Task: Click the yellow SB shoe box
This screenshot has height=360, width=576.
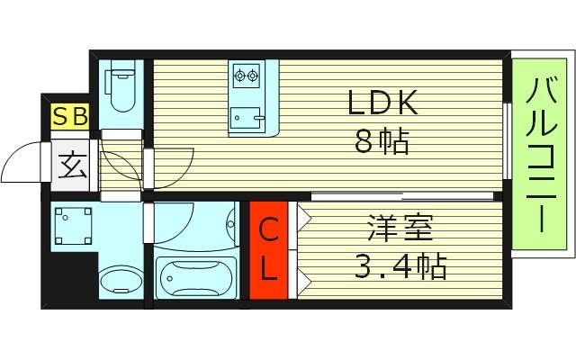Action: click(x=68, y=116)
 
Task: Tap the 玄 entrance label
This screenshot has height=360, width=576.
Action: click(x=69, y=164)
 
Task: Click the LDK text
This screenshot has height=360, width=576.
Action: click(x=382, y=104)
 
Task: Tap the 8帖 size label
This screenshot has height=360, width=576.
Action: click(x=382, y=142)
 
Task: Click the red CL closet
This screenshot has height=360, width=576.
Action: click(x=269, y=249)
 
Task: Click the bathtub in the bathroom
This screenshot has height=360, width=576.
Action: click(x=195, y=277)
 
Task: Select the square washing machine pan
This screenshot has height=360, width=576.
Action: click(x=72, y=225)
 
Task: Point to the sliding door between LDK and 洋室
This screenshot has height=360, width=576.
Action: click(x=402, y=195)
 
